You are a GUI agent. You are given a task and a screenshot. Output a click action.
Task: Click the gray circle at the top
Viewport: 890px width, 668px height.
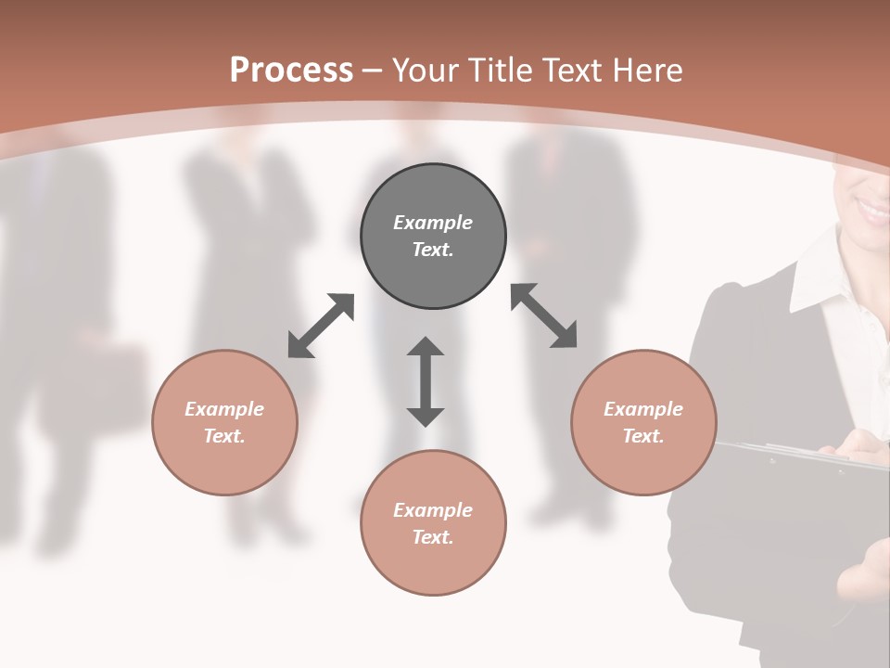pos(433,236)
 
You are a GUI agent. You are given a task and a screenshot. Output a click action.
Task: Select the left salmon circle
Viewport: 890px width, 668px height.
pos(224,422)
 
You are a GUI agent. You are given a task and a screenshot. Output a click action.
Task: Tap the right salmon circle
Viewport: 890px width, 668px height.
pos(643,422)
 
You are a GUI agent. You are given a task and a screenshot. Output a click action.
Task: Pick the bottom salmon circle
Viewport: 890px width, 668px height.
pos(433,523)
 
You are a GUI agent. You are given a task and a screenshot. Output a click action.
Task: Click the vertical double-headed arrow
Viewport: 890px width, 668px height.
pos(426,381)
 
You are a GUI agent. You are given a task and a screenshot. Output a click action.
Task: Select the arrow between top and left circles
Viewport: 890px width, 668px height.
pos(321,326)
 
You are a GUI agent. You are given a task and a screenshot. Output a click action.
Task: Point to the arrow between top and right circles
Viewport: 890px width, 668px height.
pos(544,315)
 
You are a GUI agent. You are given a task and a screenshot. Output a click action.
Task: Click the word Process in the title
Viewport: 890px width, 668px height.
pos(291,70)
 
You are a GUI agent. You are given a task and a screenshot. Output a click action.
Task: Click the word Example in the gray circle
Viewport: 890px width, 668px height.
pos(433,223)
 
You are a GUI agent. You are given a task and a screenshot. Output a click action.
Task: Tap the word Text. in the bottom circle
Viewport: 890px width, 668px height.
pos(433,537)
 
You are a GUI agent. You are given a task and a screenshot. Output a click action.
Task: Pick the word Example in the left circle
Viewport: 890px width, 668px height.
pos(224,409)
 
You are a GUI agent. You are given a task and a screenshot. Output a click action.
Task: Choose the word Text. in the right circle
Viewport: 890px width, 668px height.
pos(643,436)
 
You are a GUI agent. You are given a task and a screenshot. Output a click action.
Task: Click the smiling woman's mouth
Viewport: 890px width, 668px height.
pos(874,209)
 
